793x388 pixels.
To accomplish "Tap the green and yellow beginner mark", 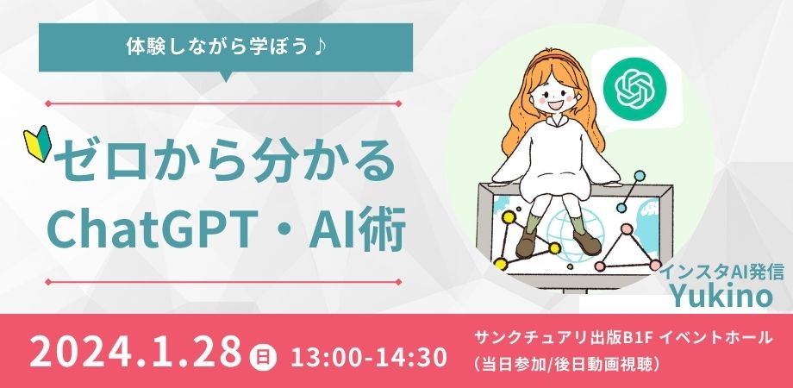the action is (37, 143).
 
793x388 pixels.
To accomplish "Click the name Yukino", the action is (721, 296).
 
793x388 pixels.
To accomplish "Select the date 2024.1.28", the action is (135, 352).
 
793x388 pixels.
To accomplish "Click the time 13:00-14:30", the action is (369, 357).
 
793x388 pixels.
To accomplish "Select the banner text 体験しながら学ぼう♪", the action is (226, 47).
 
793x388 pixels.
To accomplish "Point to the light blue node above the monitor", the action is (639, 176).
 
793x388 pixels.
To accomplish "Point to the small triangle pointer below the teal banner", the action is (226, 77).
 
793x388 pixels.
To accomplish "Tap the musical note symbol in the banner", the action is (319, 47).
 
